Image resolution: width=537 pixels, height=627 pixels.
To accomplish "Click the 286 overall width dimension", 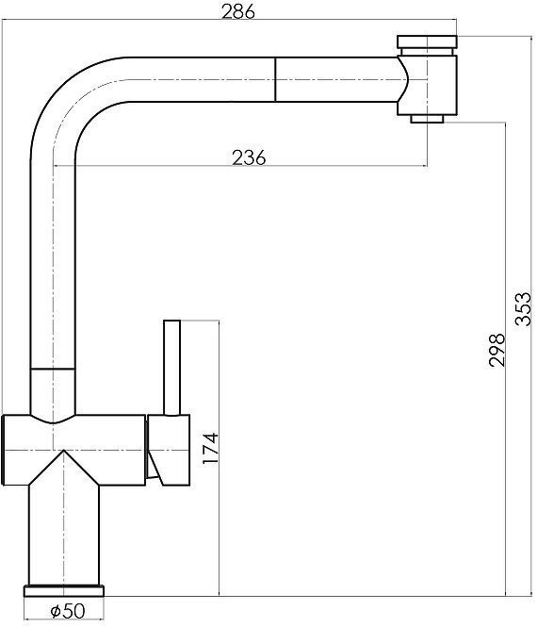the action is point(238,12).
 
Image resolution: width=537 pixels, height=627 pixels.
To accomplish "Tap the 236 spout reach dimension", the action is point(249,157).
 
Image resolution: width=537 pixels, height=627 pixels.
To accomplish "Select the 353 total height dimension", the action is point(523,309).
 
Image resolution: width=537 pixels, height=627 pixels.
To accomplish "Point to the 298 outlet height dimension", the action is point(497,350).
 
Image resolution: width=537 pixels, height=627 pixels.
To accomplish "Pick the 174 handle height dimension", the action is point(210,448).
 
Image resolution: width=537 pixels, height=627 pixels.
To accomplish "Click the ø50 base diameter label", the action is point(68,611).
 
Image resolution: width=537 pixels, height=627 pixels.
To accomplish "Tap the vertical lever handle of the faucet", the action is point(172,368).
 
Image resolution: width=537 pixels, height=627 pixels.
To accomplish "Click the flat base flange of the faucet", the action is point(64,590).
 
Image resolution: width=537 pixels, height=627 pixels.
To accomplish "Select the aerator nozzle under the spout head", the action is point(427,119).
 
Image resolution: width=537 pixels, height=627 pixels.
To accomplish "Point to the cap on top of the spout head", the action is point(427,41).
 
